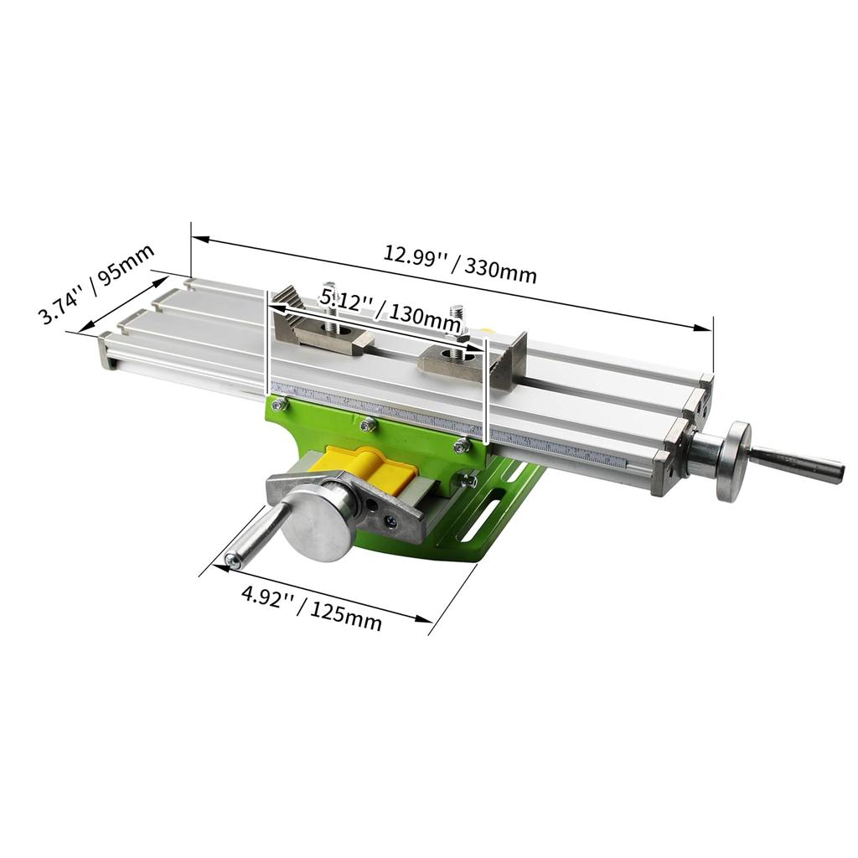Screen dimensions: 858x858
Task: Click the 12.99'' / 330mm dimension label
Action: pyautogui.click(x=460, y=264)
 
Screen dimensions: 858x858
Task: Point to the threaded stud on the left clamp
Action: pyautogui.click(x=331, y=302)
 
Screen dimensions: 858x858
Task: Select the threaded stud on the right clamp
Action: pyautogui.click(x=457, y=322)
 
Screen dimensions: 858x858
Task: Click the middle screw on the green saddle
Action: pyautogui.click(x=366, y=426)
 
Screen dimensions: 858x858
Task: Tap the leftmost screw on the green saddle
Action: pyautogui.click(x=279, y=405)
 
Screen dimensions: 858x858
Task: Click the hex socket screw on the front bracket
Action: pyautogui.click(x=390, y=520)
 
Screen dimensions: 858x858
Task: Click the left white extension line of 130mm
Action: pyautogui.click(x=267, y=344)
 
